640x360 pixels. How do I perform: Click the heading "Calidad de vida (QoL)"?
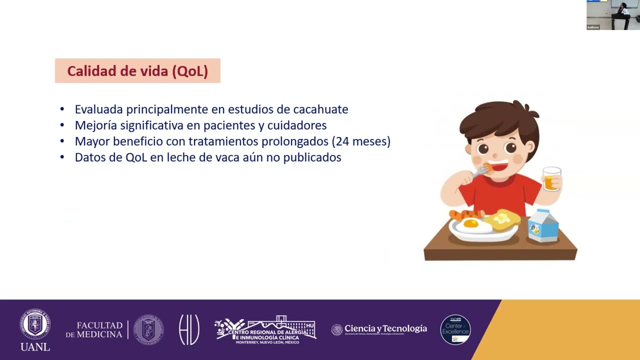[x=137, y=71]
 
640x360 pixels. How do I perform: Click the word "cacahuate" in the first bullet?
[x=320, y=109]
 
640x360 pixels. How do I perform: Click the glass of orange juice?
[x=551, y=179]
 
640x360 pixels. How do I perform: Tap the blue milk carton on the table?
[x=543, y=226]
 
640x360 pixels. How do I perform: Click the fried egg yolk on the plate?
[x=471, y=223]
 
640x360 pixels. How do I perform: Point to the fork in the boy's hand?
[x=479, y=172]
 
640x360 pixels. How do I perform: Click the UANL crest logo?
[x=35, y=324]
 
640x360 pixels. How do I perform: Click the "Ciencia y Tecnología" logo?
[x=379, y=329]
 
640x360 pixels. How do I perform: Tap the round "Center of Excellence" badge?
[x=455, y=329]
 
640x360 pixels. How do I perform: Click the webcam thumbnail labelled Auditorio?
[x=613, y=15]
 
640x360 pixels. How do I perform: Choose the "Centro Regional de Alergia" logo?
[x=265, y=330]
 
